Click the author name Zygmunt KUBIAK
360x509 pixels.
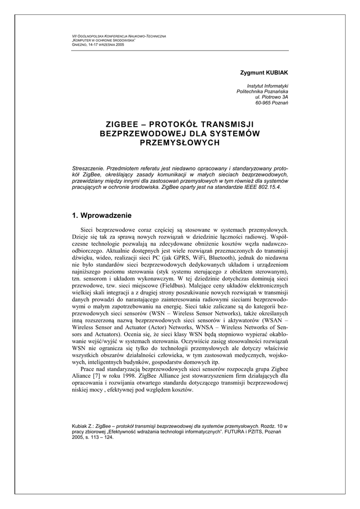[x=264, y=73]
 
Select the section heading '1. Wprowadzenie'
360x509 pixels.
[x=102, y=216]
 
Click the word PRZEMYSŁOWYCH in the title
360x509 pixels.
[x=180, y=143]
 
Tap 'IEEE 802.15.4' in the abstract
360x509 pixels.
[x=263, y=188]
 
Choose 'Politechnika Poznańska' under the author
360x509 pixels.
[x=262, y=91]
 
